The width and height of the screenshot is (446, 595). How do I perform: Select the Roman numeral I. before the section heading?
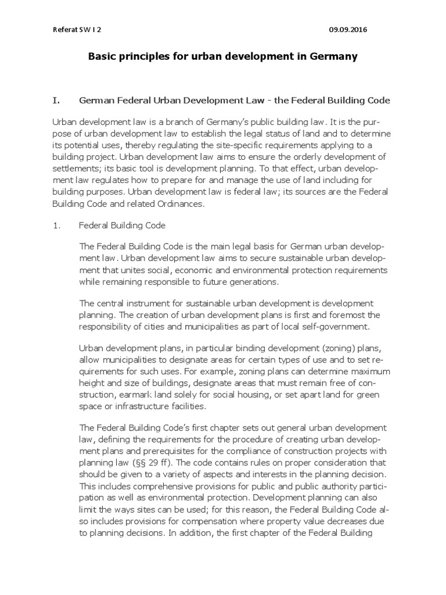[x=56, y=101]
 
